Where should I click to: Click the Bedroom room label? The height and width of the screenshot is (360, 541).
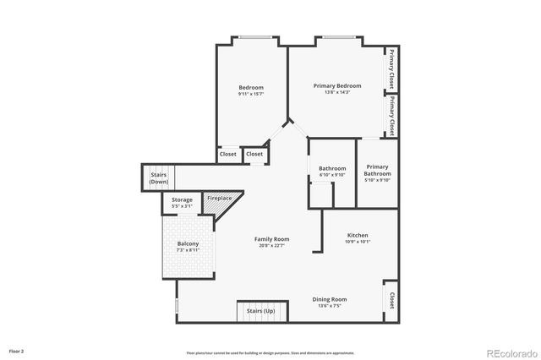pyautogui.click(x=251, y=88)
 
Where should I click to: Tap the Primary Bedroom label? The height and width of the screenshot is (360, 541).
pyautogui.click(x=337, y=85)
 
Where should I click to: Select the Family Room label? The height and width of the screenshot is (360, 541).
pyautogui.click(x=272, y=239)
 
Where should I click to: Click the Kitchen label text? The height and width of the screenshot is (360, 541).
pyautogui.click(x=358, y=235)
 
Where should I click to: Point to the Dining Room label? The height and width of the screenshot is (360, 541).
pyautogui.click(x=330, y=299)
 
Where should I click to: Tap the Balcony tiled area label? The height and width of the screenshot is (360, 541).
pyautogui.click(x=189, y=244)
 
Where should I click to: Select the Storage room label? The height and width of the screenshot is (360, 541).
pyautogui.click(x=183, y=199)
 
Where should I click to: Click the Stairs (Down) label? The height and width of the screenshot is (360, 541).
pyautogui.click(x=159, y=178)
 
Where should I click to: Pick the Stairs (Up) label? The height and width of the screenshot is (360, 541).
pyautogui.click(x=260, y=312)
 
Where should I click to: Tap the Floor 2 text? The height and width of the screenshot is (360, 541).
pyautogui.click(x=16, y=350)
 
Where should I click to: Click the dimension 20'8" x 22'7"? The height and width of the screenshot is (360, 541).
pyautogui.click(x=272, y=246)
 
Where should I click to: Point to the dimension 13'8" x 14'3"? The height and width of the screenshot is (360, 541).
pyautogui.click(x=337, y=92)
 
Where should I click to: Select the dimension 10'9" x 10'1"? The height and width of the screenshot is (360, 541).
pyautogui.click(x=358, y=242)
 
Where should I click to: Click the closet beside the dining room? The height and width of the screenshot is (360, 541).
pyautogui.click(x=391, y=301)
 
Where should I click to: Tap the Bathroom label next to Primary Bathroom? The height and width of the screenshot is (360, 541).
pyautogui.click(x=332, y=168)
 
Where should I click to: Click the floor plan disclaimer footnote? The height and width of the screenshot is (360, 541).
pyautogui.click(x=270, y=352)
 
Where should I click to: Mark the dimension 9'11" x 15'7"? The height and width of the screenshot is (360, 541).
pyautogui.click(x=251, y=94)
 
